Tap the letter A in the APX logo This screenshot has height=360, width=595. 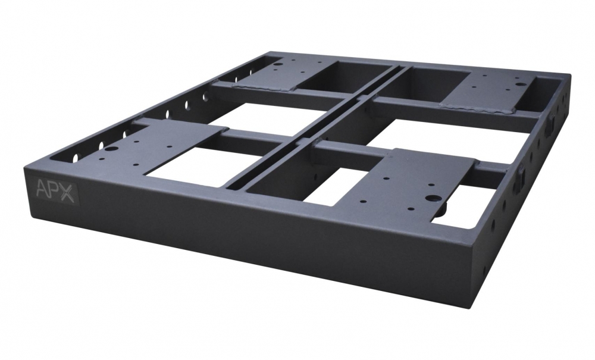[42, 188]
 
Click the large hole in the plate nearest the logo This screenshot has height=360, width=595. [111, 148]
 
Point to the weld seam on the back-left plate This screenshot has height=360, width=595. [262, 88]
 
